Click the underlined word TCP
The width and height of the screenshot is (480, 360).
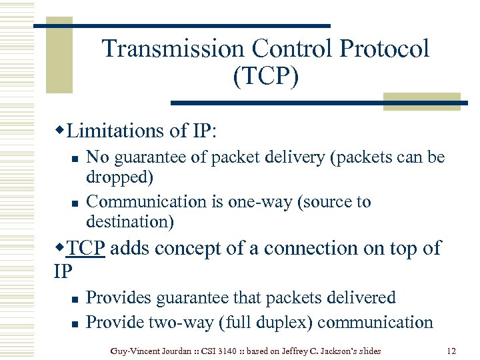point(86,248)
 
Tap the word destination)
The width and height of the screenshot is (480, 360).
point(129,220)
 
